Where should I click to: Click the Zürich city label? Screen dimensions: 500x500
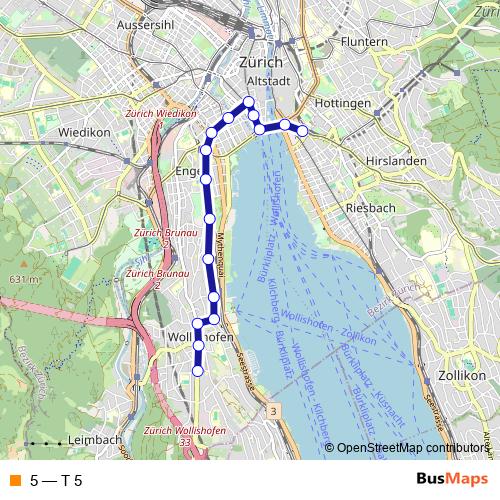tap(262, 62)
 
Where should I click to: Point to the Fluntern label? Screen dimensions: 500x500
tap(363, 42)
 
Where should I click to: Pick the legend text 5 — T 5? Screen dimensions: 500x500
tap(56, 481)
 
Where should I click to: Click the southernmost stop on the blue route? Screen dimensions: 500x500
tap(198, 371)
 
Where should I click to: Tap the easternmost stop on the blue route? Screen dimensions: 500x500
tap(302, 131)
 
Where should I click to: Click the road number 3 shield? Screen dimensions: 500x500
tap(272, 411)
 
